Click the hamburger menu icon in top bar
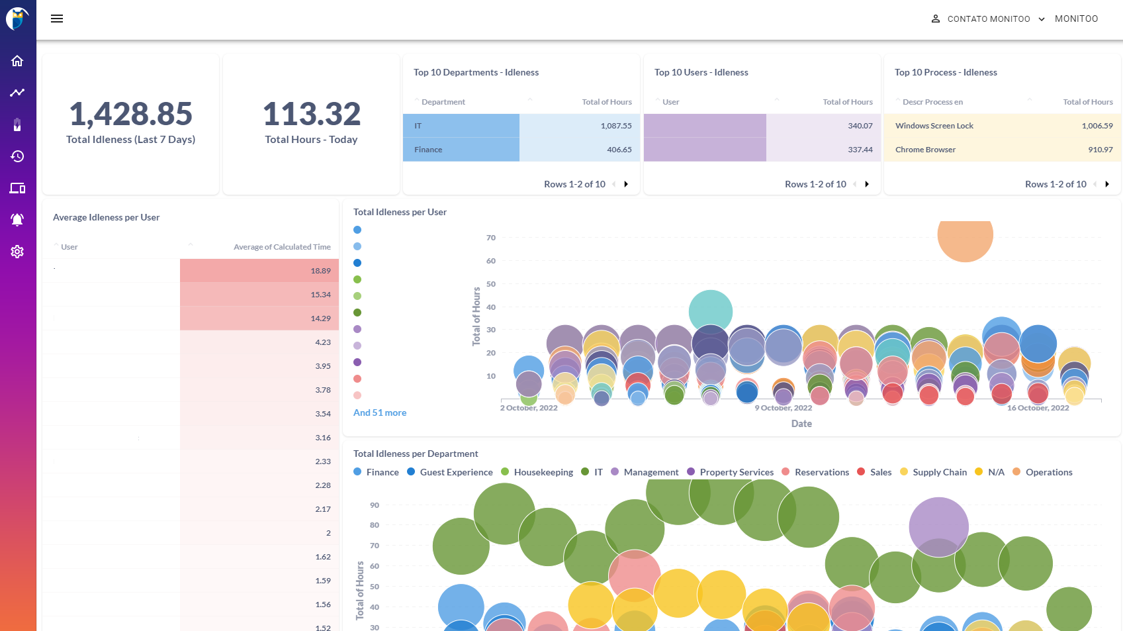[x=57, y=19]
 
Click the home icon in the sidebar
[x=17, y=61]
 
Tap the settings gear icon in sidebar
[x=17, y=252]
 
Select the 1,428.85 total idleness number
[x=130, y=114]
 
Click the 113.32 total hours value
[x=311, y=114]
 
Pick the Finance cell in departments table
[x=461, y=150]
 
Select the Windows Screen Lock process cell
[x=934, y=126]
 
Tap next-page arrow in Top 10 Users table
[x=867, y=184]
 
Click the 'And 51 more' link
[x=380, y=413]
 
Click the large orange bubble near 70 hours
[x=965, y=236]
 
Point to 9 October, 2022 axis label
[x=783, y=408]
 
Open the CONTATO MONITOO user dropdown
[x=988, y=19]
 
